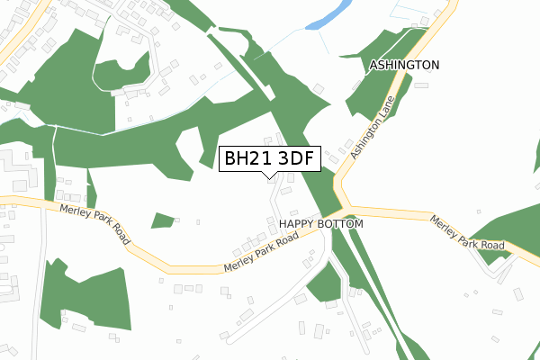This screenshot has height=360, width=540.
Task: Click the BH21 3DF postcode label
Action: [268, 158]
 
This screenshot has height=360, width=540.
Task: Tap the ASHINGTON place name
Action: [404, 66]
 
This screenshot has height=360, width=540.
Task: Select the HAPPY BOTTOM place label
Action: [320, 223]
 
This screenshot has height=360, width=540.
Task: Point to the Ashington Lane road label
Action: [373, 129]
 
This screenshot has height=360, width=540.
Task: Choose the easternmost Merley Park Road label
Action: [466, 232]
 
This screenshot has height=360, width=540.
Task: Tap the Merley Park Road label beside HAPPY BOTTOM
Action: [261, 256]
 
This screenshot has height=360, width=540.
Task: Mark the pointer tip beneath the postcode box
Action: [268, 176]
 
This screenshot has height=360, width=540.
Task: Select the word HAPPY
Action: [298, 223]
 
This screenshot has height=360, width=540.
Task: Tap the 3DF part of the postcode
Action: [295, 158]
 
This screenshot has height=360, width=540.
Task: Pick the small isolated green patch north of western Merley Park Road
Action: [163, 220]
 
